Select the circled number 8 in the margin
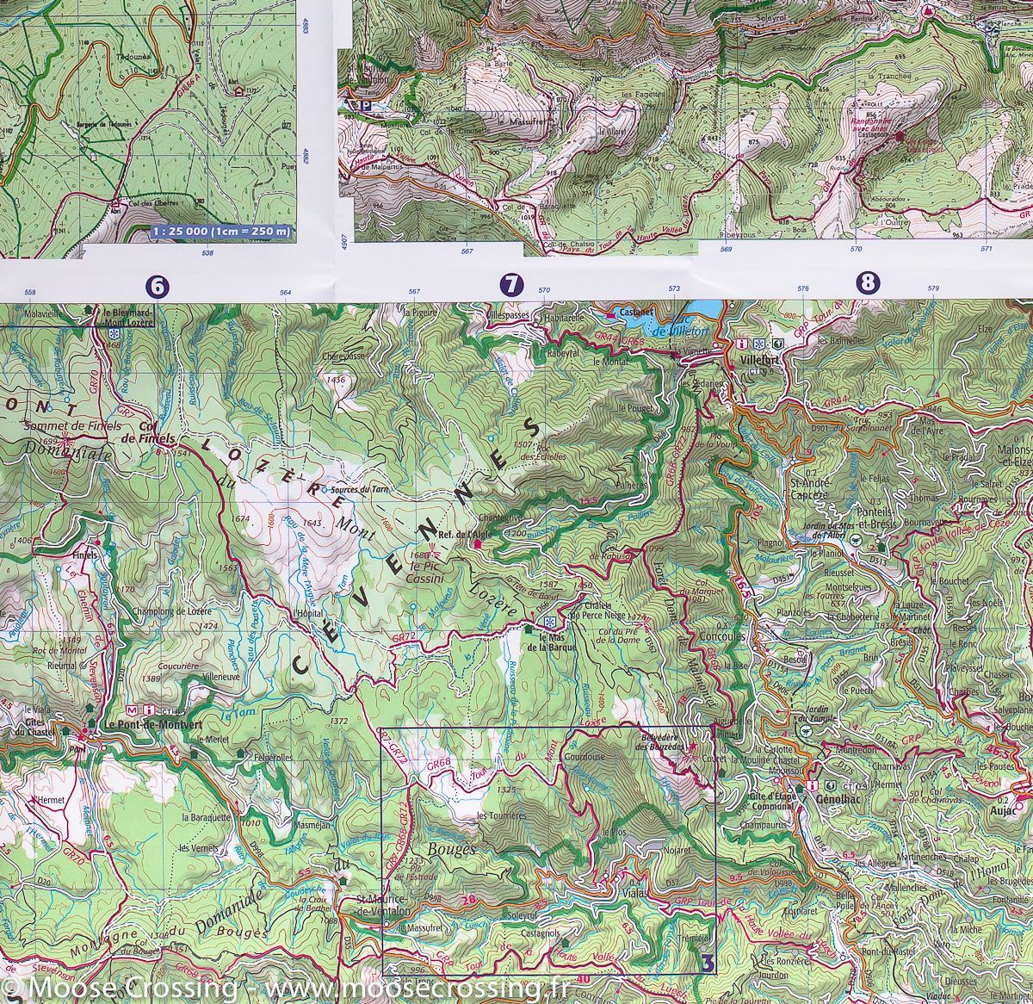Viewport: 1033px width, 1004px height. tap(867, 282)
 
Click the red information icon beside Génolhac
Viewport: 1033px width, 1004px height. tap(813, 787)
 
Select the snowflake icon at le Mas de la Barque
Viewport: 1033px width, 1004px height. tap(548, 622)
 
